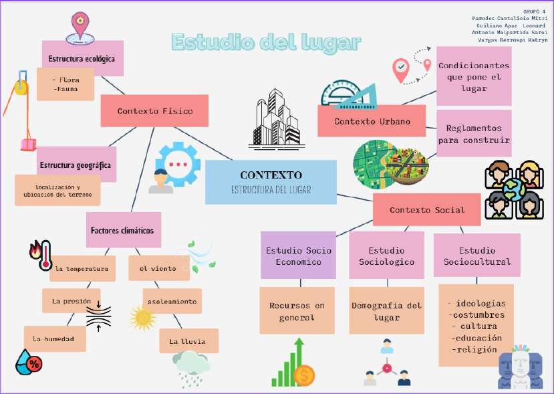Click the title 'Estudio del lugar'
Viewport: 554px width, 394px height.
tap(266, 43)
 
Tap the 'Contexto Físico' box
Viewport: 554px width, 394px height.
tap(154, 111)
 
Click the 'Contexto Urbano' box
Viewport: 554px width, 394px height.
tap(372, 122)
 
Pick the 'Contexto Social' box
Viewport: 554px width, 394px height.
tap(427, 209)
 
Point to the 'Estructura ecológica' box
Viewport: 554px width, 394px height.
tap(82, 59)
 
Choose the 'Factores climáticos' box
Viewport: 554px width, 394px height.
tap(123, 230)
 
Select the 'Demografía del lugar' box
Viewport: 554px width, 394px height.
tap(386, 311)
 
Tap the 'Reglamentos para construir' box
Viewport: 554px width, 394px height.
tap(474, 134)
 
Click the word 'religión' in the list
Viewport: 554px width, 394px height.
tap(475, 349)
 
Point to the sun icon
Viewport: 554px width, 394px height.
tap(142, 318)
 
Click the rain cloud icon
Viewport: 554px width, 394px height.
tap(192, 367)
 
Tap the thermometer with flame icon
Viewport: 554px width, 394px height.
tap(40, 254)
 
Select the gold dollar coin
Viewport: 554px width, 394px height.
tap(304, 375)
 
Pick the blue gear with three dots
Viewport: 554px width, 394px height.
tap(178, 163)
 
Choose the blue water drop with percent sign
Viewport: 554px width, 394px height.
tap(29, 362)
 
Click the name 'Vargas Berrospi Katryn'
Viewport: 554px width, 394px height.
tap(513, 40)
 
